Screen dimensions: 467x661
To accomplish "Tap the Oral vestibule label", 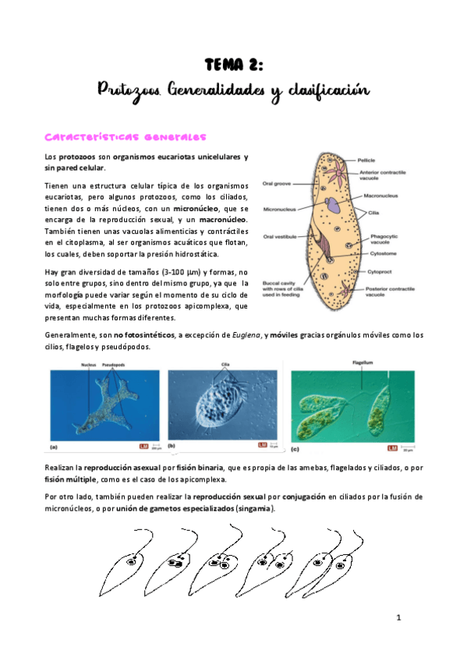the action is click(278, 238).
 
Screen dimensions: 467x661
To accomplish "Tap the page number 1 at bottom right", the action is click(398, 617).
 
